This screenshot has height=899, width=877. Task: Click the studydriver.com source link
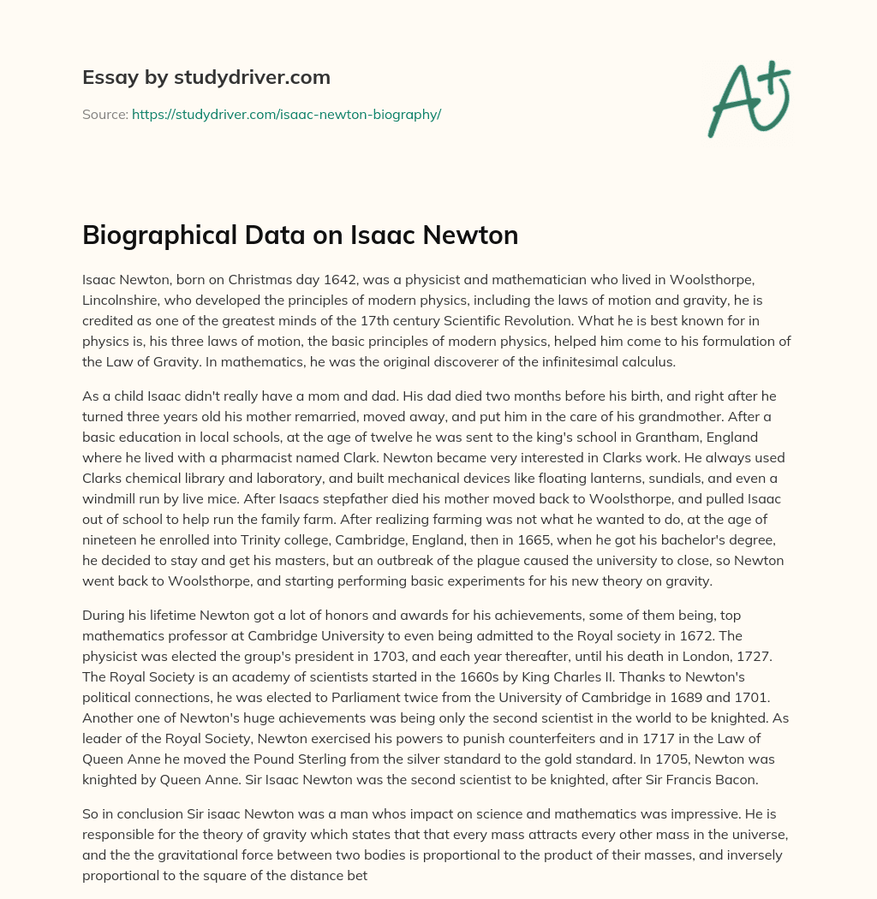286,114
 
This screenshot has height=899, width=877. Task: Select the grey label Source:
104,114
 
